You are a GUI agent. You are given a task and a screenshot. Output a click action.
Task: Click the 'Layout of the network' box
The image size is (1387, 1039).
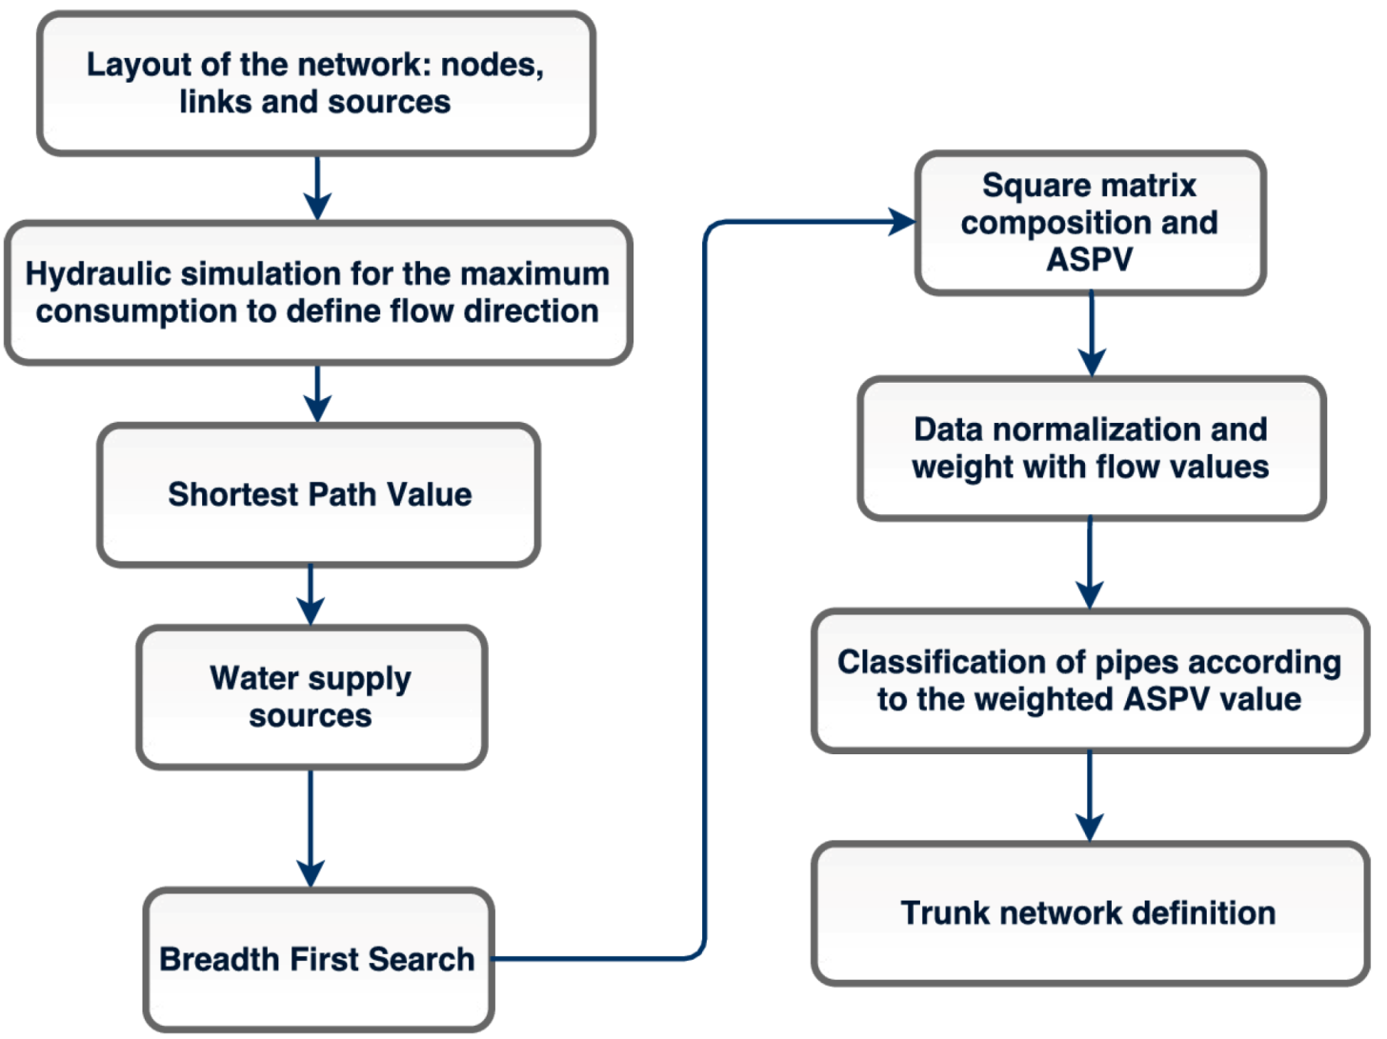coord(315,83)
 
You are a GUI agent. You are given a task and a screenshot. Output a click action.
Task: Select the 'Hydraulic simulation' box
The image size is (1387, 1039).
coord(317,292)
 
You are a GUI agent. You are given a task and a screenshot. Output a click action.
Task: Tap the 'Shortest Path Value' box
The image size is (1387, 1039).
coord(319,494)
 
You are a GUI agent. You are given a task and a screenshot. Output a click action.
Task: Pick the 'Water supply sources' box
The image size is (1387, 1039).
coord(312,696)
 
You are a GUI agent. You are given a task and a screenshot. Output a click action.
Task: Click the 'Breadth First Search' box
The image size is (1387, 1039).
coord(318,959)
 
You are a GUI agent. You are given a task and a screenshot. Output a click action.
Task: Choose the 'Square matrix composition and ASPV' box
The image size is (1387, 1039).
coord(1090,222)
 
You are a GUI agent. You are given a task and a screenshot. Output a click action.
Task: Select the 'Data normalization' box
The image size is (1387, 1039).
coord(1091,448)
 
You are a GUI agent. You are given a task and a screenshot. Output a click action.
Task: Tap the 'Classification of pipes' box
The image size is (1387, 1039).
coord(1090,680)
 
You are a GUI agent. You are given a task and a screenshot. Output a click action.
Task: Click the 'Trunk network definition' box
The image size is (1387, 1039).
coord(1090,912)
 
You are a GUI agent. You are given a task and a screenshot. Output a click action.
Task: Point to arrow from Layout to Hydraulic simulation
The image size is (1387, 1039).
coord(317,188)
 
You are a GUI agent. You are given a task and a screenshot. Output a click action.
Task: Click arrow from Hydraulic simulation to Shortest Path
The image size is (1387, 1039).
coord(317,392)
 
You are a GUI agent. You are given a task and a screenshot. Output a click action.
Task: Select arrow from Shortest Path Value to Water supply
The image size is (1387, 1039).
coord(311,595)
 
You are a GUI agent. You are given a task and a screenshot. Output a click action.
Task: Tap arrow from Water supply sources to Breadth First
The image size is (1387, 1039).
coord(311,828)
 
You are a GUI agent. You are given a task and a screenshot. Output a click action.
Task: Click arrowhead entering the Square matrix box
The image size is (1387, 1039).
coord(901,222)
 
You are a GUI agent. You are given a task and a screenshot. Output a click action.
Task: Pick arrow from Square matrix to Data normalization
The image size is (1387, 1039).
coord(1092,334)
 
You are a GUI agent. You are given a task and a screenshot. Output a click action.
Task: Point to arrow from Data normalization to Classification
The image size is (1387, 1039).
coord(1090,564)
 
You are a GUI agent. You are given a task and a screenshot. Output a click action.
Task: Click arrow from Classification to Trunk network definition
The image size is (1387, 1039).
coord(1090,796)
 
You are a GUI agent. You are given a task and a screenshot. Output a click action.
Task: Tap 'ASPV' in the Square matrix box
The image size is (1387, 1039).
coord(1090,259)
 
